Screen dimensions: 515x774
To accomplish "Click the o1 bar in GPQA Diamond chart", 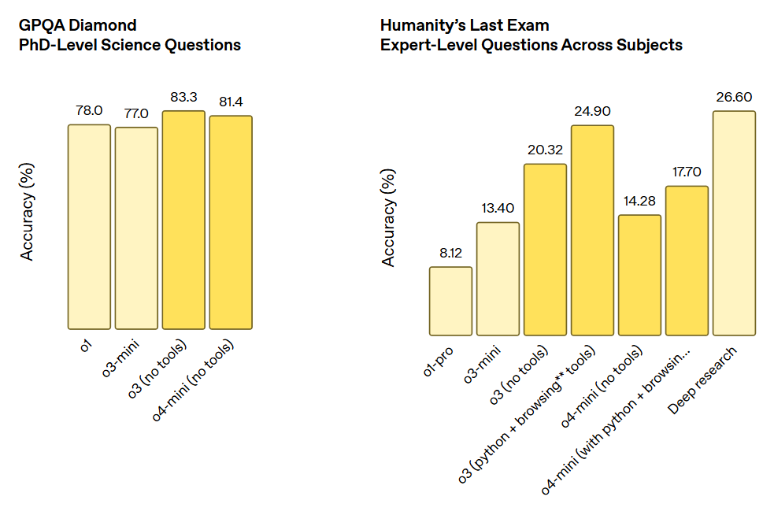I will pos(89,227).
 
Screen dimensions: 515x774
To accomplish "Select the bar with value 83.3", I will pos(183,220).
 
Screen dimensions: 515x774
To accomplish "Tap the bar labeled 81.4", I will pos(231,222).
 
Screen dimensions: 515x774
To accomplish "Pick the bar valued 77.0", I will pos(136,228).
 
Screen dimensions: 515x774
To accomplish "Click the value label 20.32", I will pos(545,150).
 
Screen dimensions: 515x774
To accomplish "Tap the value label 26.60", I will pos(734,97).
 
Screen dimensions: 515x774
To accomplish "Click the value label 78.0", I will pos(89,110).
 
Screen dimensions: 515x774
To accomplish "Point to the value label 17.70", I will pos(687,172).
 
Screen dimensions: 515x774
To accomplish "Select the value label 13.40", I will pos(498,208).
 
